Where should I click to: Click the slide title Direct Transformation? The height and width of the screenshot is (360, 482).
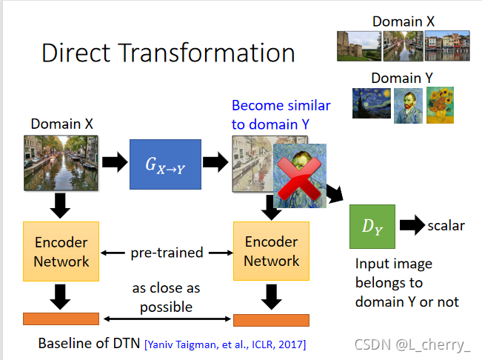tap(168, 53)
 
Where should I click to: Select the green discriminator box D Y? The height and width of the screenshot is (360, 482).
tap(372, 226)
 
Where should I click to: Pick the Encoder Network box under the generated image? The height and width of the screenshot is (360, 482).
tap(272, 252)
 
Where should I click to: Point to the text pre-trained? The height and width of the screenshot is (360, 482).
tap(167, 253)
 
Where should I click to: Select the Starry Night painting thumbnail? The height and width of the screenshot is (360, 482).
tap(371, 103)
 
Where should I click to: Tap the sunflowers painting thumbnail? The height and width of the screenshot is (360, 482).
tap(440, 104)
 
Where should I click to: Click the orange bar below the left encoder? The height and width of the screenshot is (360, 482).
tap(61, 319)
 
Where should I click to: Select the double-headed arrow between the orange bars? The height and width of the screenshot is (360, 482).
tap(167, 319)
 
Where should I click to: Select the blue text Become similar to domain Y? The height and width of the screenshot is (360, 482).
tap(281, 115)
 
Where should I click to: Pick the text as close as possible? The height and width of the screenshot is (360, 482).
tap(167, 296)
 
